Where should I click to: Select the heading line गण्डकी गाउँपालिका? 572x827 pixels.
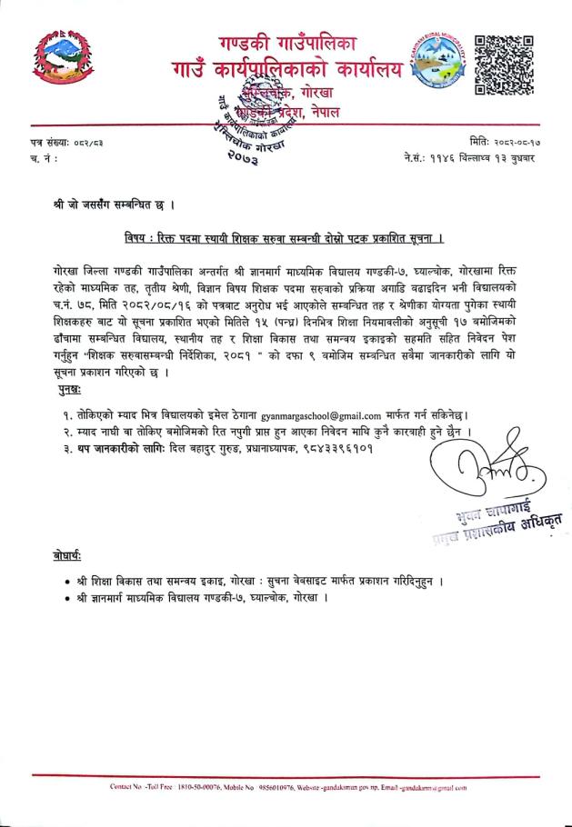tap(287, 43)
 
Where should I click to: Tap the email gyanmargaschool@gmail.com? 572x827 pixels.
tap(332, 414)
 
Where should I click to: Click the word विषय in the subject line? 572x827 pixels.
tap(141, 238)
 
